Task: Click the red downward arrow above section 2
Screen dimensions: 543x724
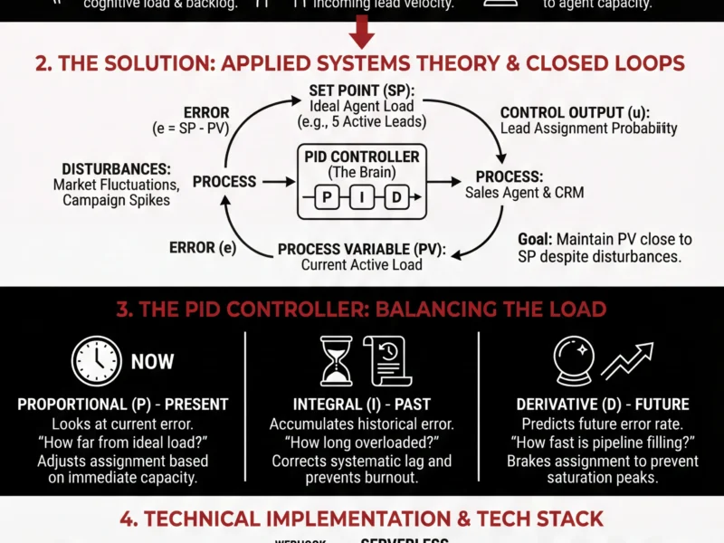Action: point(361,34)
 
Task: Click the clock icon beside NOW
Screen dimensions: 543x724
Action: point(95,362)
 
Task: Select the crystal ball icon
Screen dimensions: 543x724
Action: point(572,360)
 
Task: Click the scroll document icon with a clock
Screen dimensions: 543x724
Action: point(384,359)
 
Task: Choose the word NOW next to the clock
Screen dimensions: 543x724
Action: point(152,362)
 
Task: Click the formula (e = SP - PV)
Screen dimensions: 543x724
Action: point(191,129)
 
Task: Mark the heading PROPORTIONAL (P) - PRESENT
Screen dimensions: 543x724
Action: point(123,405)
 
